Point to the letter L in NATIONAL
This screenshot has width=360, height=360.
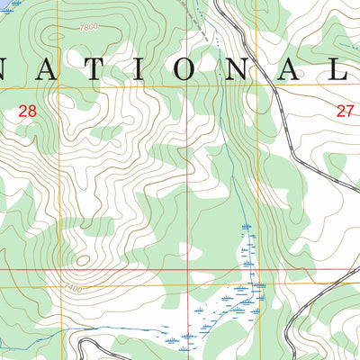tap(346, 70)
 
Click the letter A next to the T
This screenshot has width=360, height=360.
tap(48, 70)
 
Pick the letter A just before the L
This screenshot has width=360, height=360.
tap(293, 70)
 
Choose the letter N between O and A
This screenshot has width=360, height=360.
tap(238, 70)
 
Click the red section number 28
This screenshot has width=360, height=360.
tap(28, 111)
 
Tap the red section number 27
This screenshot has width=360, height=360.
tap(346, 111)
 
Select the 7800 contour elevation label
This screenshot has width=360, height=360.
tap(88, 28)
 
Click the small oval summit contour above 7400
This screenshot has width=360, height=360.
tap(84, 261)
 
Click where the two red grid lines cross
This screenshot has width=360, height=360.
tap(188, 268)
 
